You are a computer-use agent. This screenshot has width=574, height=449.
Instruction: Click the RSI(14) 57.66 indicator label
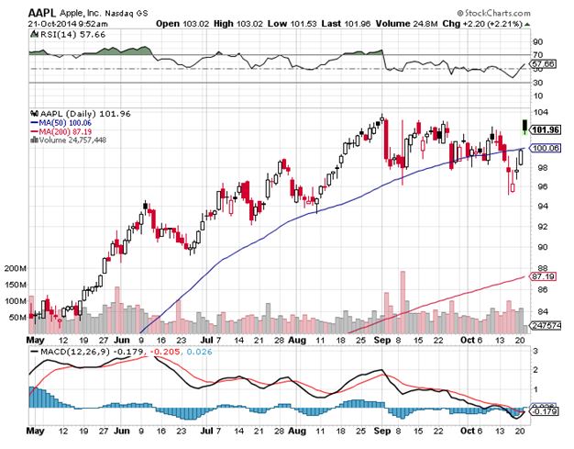57,33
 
